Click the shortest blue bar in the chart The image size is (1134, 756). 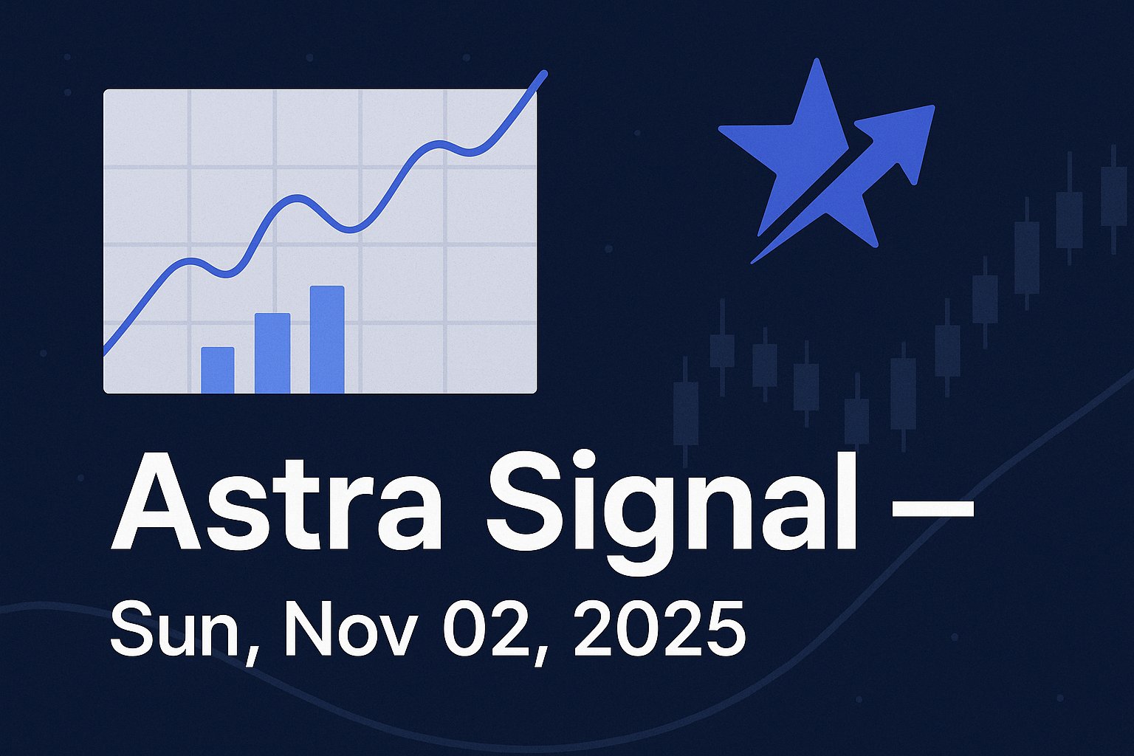[x=218, y=370]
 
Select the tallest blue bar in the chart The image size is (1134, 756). [x=327, y=339]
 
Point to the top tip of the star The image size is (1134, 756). [x=816, y=62]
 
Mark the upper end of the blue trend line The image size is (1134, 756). [x=544, y=73]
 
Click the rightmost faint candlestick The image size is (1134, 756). [x=1113, y=196]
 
